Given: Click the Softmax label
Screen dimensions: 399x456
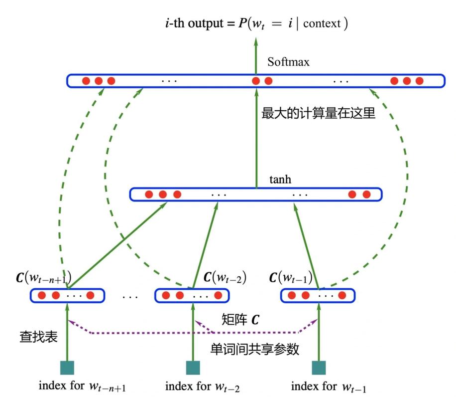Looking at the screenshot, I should [x=288, y=62].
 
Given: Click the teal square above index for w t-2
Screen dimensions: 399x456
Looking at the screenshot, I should [x=193, y=368].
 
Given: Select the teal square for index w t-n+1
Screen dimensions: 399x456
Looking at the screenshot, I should [x=67, y=368].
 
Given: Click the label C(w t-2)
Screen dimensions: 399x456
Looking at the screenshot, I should [x=226, y=277].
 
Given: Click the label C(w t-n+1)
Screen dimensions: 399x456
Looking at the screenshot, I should [x=44, y=277].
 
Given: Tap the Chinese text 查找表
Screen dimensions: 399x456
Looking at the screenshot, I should [x=38, y=337].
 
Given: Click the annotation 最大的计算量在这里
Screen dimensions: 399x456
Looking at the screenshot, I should [x=318, y=114].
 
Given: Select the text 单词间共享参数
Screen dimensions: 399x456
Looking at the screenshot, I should [x=255, y=349].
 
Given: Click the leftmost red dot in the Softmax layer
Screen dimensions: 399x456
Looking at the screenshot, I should [x=86, y=81].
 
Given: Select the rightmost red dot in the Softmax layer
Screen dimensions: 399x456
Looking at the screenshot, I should [x=419, y=81].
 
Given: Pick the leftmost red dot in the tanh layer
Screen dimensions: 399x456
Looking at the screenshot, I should [x=148, y=195].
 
